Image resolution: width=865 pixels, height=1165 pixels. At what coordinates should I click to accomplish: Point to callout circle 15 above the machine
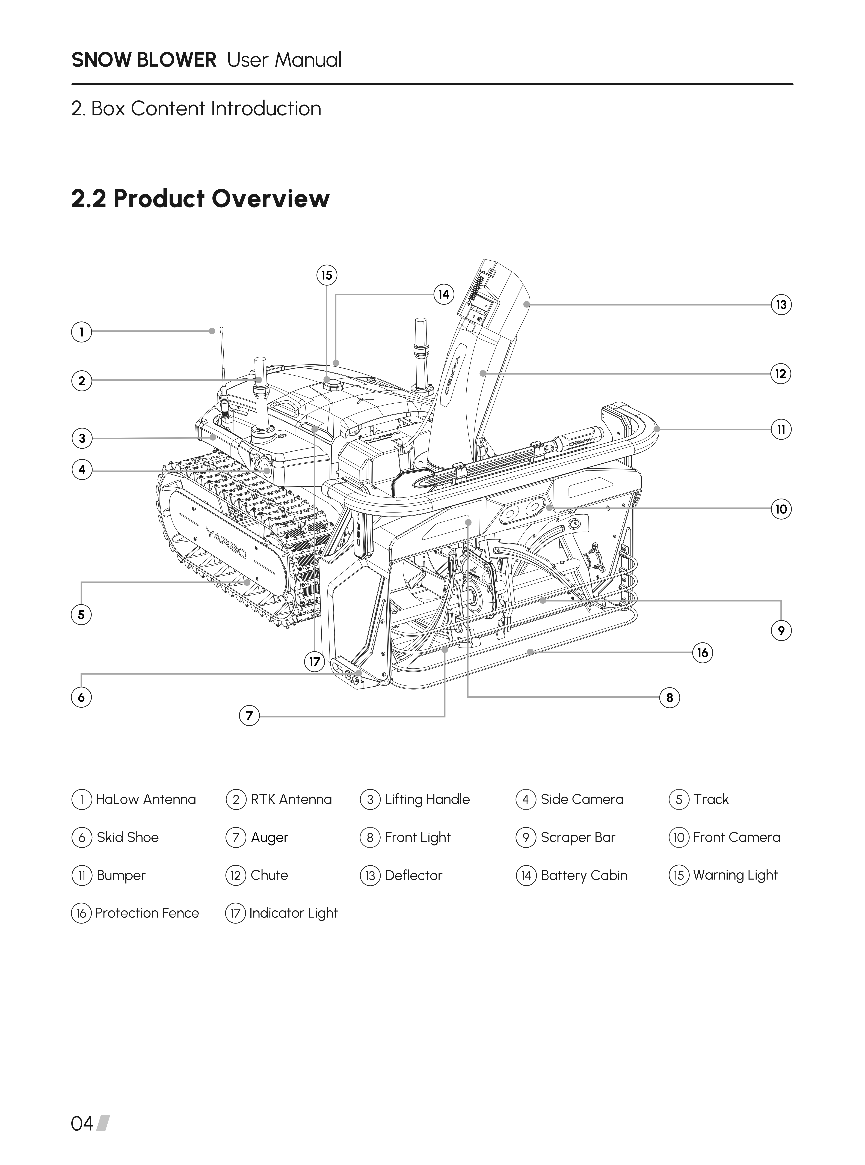click(x=327, y=275)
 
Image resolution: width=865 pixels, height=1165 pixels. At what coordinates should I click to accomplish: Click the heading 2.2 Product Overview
click(x=201, y=199)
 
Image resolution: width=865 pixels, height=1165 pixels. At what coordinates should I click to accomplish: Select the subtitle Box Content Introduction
click(x=206, y=109)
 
